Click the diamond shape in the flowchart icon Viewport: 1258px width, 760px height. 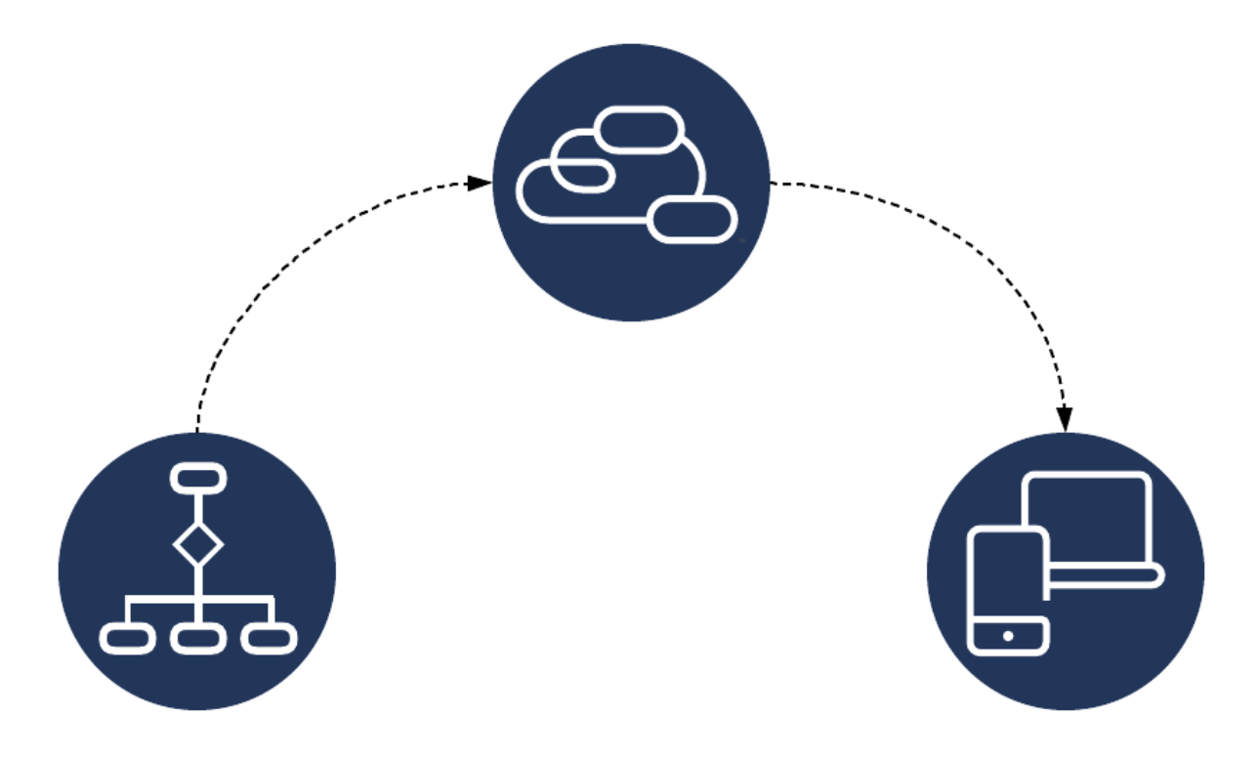coord(198,545)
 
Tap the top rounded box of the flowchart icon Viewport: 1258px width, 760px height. coord(198,479)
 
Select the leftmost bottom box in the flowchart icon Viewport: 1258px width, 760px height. coord(128,640)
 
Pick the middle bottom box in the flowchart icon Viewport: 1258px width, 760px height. coord(198,640)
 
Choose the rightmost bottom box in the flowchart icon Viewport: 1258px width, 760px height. coord(269,640)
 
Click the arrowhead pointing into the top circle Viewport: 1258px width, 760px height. coord(480,183)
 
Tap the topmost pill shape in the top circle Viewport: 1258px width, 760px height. coord(639,130)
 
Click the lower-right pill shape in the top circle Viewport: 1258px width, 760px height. coord(692,219)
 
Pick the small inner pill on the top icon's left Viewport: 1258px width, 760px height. coord(583,174)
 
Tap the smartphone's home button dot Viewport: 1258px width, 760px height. coord(1008,637)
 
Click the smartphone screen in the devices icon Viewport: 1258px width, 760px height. coord(1006,577)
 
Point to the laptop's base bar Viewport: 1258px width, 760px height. coord(1104,576)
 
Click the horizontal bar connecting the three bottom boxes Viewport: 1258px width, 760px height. coord(198,599)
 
